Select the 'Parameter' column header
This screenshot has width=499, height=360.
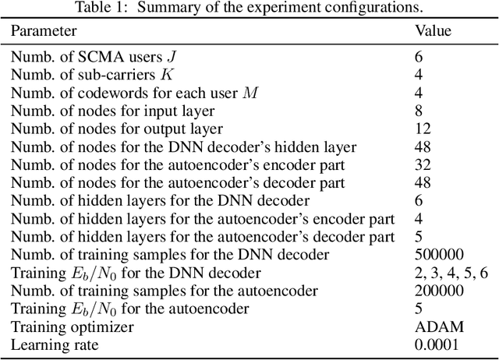pos(44,31)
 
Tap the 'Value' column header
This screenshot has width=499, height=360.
pos(433,31)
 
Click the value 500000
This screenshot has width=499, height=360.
pos(440,254)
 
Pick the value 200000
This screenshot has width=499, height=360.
pos(440,291)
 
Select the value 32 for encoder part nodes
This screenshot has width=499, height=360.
pos(422,164)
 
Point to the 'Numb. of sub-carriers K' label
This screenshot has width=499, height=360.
pos(90,75)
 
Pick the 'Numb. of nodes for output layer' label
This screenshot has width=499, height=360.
pos(117,129)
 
